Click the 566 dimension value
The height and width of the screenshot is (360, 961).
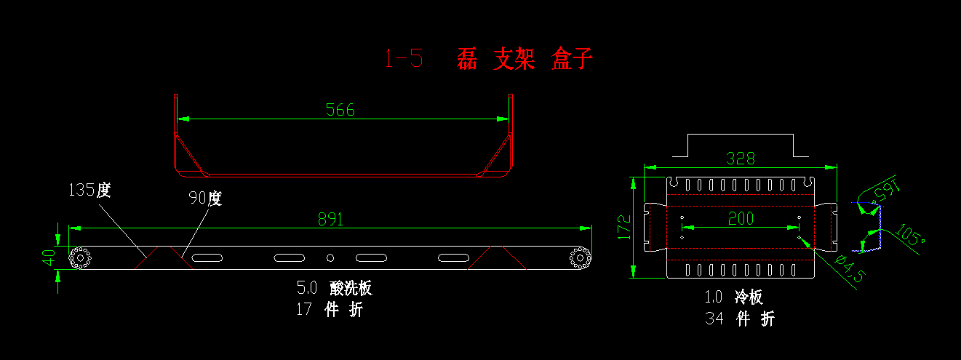[340, 110]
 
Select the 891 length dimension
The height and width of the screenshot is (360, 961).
[330, 219]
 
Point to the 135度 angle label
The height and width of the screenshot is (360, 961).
[89, 191]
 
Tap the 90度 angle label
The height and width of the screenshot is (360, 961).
[204, 199]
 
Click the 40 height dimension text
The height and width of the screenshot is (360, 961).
[49, 257]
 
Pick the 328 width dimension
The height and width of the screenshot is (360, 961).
[741, 158]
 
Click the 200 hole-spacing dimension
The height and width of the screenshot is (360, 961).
[741, 218]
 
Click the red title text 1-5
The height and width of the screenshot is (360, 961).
[403, 58]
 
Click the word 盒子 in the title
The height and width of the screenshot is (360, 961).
[572, 58]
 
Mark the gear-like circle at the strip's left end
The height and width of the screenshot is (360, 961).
[79, 257]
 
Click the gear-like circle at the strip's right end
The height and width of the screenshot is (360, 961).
[580, 257]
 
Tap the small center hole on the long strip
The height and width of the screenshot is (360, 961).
[330, 257]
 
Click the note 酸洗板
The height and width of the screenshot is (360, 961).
[351, 288]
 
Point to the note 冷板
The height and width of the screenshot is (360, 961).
[749, 297]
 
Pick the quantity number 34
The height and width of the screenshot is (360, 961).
[714, 318]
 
